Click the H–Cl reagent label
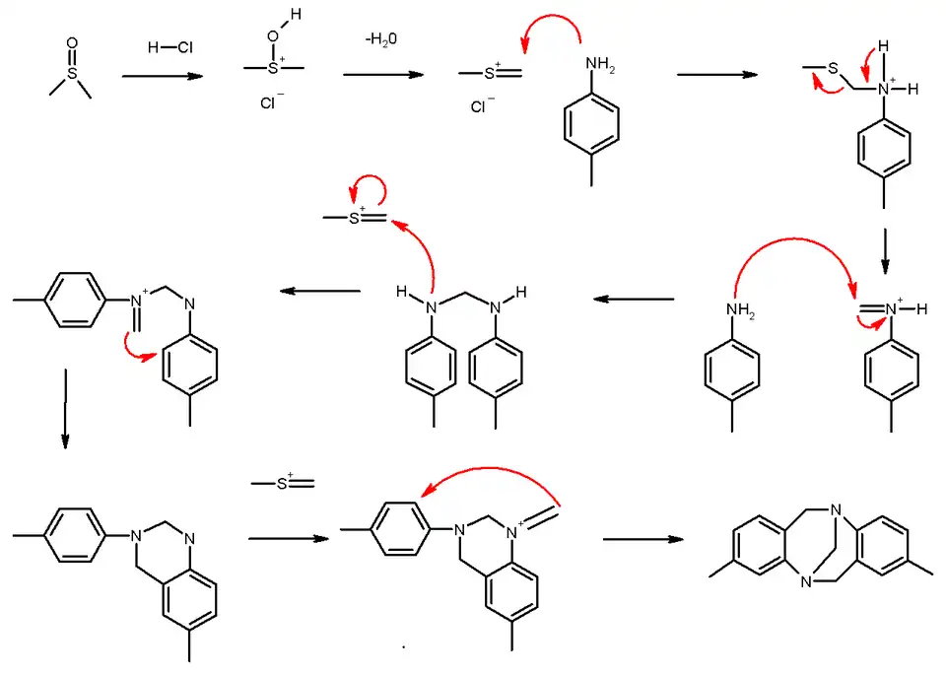[x=169, y=46]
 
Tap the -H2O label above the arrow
[x=381, y=39]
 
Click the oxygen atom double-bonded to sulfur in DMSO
[x=71, y=44]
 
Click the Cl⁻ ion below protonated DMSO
[x=271, y=101]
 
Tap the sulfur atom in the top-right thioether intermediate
[x=833, y=69]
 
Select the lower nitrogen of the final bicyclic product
[x=806, y=580]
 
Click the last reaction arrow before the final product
[x=642, y=539]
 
